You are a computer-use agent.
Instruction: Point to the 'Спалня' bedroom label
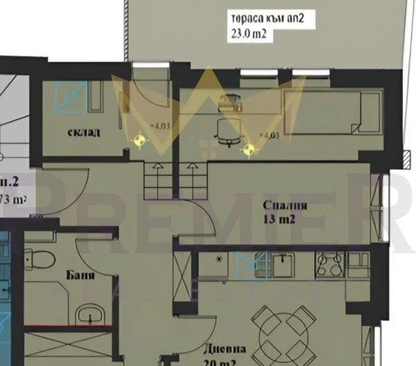click(284, 206)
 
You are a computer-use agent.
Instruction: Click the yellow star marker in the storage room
click(140, 140)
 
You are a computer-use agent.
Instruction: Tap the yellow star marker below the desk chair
click(248, 148)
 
